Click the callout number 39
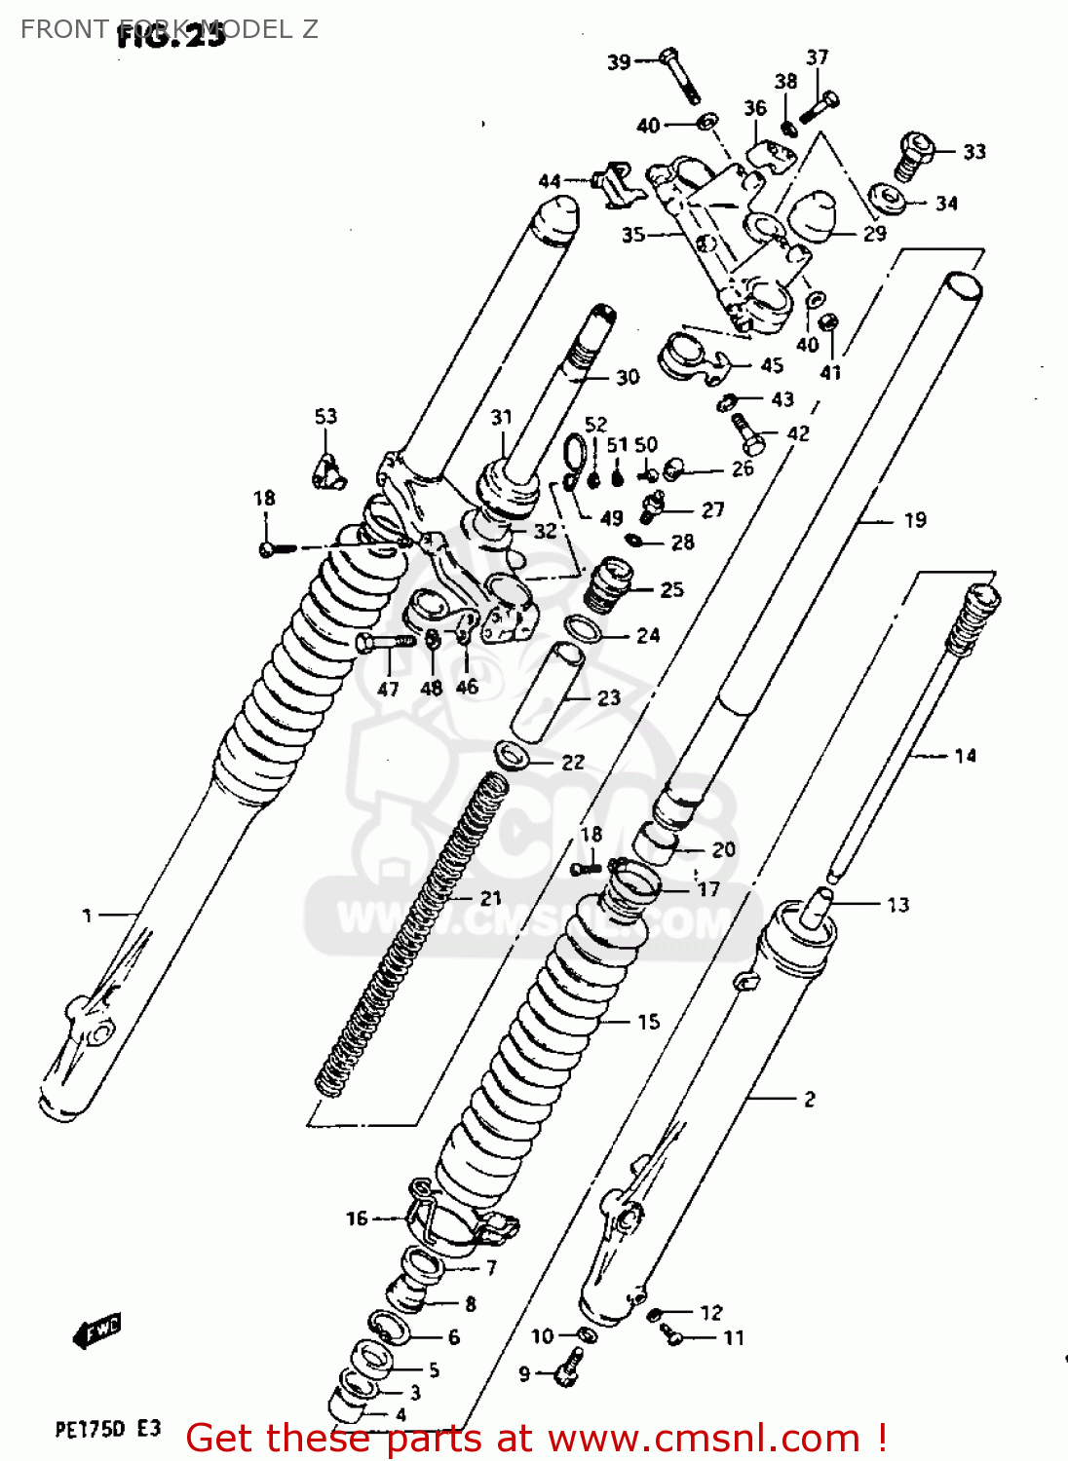point(619,62)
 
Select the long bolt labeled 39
point(679,75)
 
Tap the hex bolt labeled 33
point(913,155)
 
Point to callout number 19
point(915,520)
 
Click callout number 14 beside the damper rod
point(965,756)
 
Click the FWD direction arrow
point(97,1330)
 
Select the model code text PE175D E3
point(107,1429)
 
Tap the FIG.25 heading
point(172,36)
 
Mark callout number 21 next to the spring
point(491,898)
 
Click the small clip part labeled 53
point(325,471)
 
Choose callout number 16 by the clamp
point(357,1217)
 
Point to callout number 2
point(809,1099)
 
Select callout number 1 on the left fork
point(88,915)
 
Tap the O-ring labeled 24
point(584,628)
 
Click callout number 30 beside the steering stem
point(628,377)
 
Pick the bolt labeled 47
point(384,642)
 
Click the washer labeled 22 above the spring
point(512,754)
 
